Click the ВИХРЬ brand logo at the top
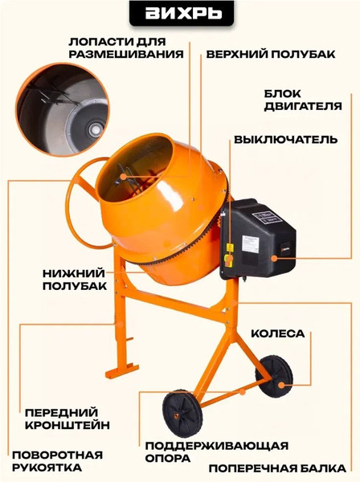pos(179,14)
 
